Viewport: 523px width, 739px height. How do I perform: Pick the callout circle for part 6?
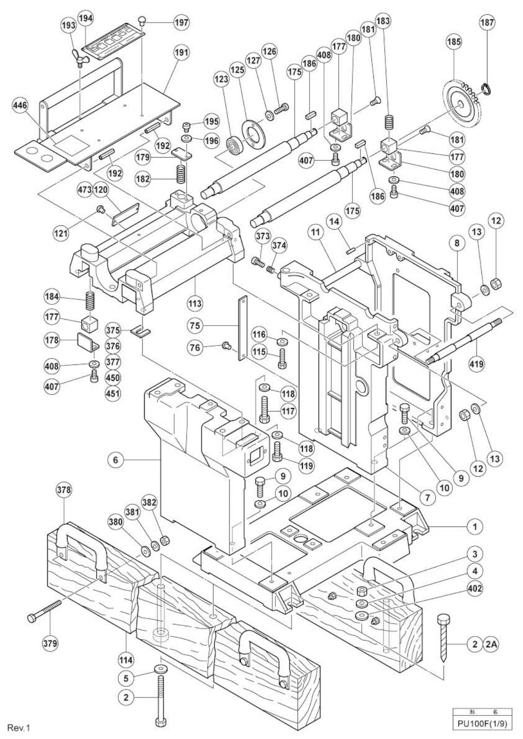click(115, 460)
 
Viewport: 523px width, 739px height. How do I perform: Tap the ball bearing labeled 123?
click(234, 145)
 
